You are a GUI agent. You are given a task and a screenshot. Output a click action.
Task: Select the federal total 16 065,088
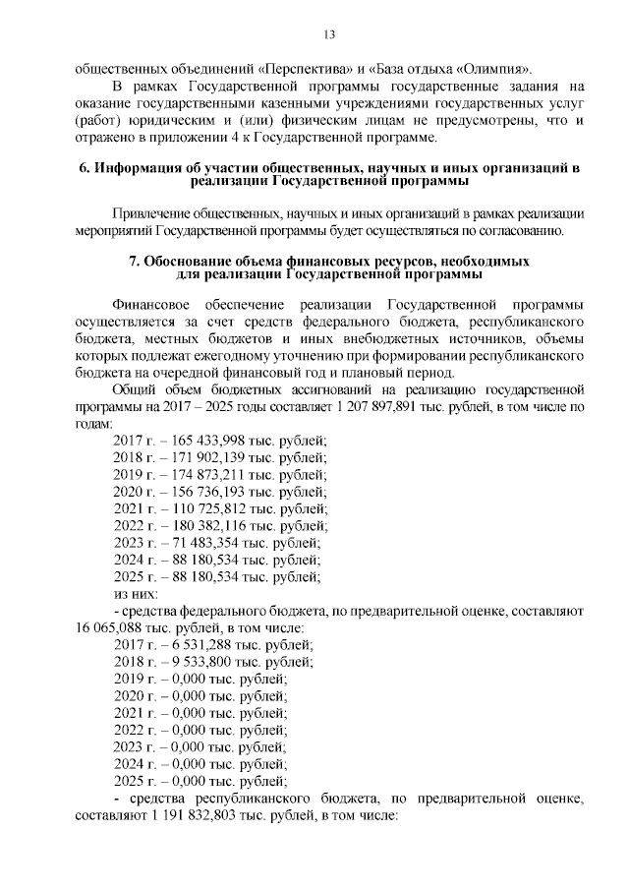tap(107, 627)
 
